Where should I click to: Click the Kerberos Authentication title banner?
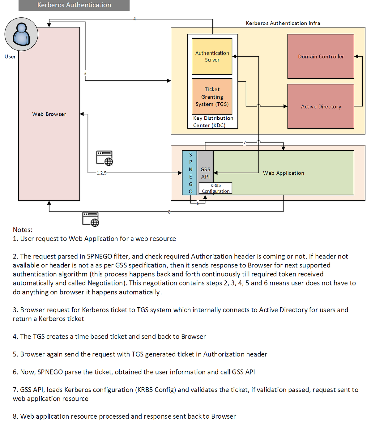(x=74, y=5)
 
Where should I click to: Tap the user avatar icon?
(x=21, y=34)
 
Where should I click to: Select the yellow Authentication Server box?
(x=212, y=56)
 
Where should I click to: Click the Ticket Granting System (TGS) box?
(x=212, y=96)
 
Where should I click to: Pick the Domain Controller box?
(x=321, y=56)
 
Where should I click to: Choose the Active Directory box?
(x=321, y=106)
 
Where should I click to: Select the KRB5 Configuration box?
(x=215, y=188)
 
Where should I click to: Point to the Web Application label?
(x=284, y=173)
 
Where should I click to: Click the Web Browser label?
(x=49, y=114)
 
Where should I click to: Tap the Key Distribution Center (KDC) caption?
(x=213, y=122)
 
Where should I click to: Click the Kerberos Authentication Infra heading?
(x=283, y=23)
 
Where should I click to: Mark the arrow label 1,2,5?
(x=101, y=173)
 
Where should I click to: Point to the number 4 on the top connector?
(x=134, y=19)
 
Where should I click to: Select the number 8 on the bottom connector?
(x=169, y=212)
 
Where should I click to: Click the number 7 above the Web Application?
(x=245, y=143)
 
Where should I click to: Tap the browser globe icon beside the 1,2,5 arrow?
(x=104, y=158)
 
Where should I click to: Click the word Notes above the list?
(x=22, y=230)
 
